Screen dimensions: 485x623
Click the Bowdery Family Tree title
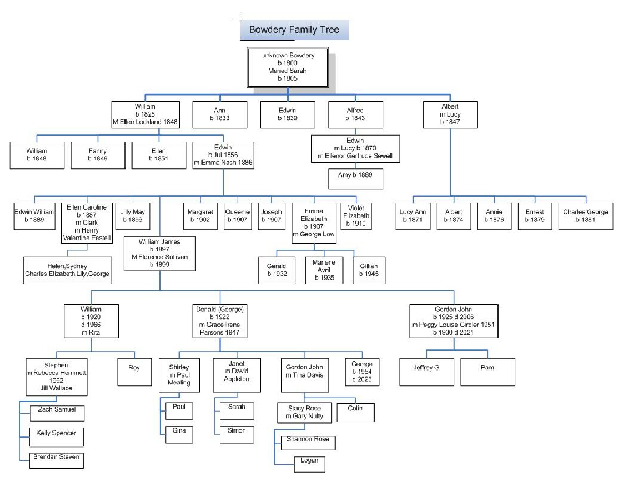[294, 29]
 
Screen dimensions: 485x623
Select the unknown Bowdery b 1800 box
[288, 66]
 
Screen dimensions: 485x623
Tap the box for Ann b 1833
[220, 114]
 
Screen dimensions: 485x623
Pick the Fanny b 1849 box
[98, 155]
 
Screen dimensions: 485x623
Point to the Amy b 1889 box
[355, 179]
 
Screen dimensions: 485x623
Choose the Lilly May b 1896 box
[133, 216]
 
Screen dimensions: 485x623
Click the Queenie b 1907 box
[237, 216]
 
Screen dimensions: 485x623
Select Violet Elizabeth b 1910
[356, 216]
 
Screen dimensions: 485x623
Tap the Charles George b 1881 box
[586, 216]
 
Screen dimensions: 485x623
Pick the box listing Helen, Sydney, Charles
[67, 270]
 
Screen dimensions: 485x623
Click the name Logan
[309, 460]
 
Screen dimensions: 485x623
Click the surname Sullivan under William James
[174, 257]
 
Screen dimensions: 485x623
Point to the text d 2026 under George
[362, 380]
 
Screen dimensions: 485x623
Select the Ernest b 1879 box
[535, 216]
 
